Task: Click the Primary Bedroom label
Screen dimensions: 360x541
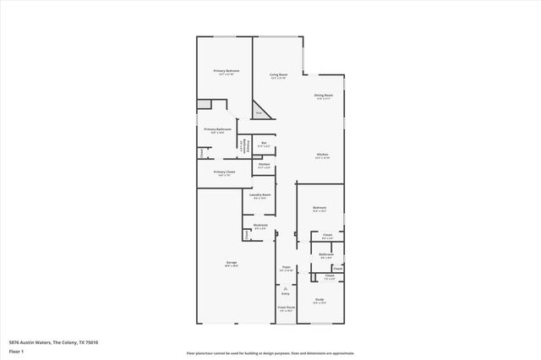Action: coord(224,72)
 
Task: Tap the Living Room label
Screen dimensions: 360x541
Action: coord(278,76)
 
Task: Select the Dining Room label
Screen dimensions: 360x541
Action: coord(323,96)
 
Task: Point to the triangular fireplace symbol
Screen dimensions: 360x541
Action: coord(260,112)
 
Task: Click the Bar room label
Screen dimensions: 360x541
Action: coord(264,144)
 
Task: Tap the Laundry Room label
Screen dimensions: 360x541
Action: coord(260,196)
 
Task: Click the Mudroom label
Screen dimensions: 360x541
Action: coord(260,226)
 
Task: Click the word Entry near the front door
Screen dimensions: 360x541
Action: coord(286,294)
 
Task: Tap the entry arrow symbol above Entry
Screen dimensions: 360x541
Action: coord(286,288)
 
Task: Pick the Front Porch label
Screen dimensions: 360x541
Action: coord(286,308)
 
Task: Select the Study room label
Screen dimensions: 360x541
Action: coord(320,300)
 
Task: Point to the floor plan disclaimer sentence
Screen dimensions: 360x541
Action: coord(270,353)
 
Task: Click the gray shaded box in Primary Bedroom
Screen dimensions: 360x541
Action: coord(204,104)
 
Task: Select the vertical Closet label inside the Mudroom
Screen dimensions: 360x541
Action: coord(247,233)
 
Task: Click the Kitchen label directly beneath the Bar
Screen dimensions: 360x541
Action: coord(264,166)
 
